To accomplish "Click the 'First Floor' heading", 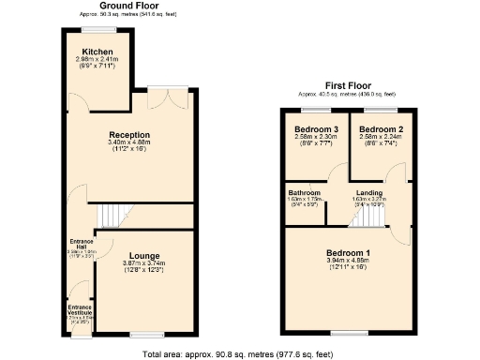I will [347, 85].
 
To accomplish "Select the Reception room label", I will [128, 135].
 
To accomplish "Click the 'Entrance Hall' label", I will [81, 243].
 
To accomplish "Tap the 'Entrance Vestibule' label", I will [81, 310].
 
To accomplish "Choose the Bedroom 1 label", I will [348, 253].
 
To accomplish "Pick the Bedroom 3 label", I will [315, 128].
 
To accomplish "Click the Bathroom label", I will [304, 192].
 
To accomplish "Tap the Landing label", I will [367, 192].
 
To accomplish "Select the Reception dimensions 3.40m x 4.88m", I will [128, 143].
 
